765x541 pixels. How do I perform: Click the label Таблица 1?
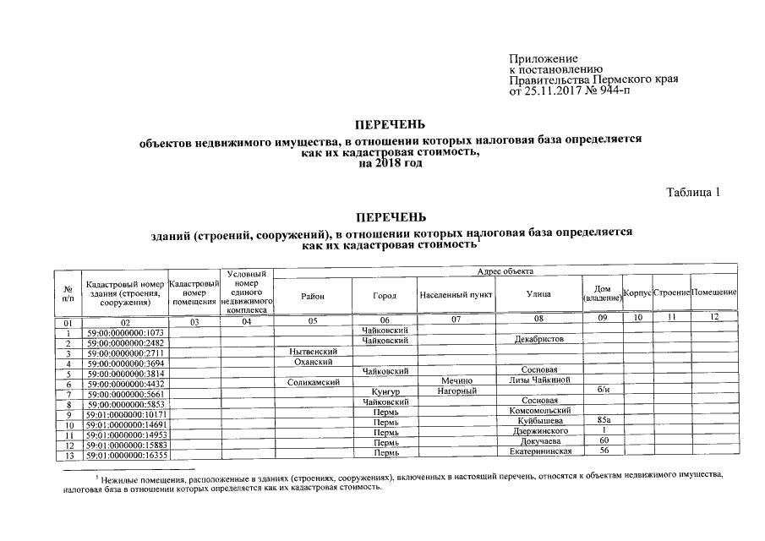coord(693,192)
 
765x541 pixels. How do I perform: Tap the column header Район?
coord(312,295)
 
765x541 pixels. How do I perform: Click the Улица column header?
coord(538,295)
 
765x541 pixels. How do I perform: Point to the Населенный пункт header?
coord(456,295)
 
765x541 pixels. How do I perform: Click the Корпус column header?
coord(637,292)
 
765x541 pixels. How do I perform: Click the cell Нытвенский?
coord(313,351)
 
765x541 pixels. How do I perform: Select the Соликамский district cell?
coord(313,382)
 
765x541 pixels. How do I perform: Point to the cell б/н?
coord(603,391)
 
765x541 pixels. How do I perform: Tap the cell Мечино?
coord(456,382)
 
